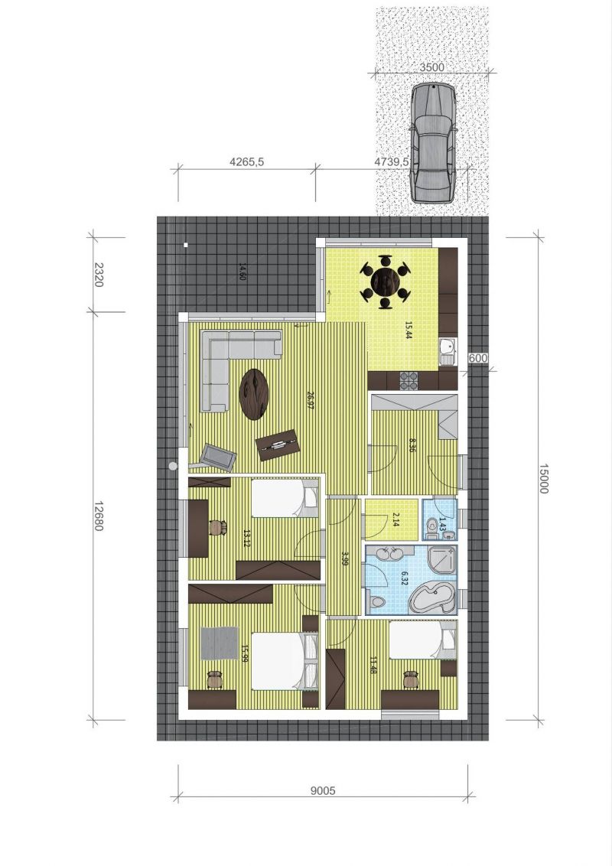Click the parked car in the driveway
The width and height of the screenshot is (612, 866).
tap(433, 143)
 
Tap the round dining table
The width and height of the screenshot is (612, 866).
tap(386, 285)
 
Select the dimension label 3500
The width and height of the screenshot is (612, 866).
tap(432, 67)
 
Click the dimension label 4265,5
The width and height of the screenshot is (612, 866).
tap(247, 162)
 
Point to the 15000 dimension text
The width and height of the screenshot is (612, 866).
tap(543, 478)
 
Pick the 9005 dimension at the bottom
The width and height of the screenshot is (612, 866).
tap(323, 791)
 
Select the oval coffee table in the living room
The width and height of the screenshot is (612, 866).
tap(254, 394)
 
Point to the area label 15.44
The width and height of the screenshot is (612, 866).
tap(409, 330)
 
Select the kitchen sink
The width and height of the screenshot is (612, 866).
tap(447, 352)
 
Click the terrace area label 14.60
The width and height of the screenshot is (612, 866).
tap(242, 272)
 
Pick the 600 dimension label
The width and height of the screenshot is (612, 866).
tap(478, 358)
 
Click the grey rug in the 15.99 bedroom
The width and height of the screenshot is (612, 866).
tap(219, 643)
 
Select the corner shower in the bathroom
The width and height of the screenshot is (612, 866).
tap(444, 560)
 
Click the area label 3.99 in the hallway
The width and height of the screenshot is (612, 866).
tap(345, 558)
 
